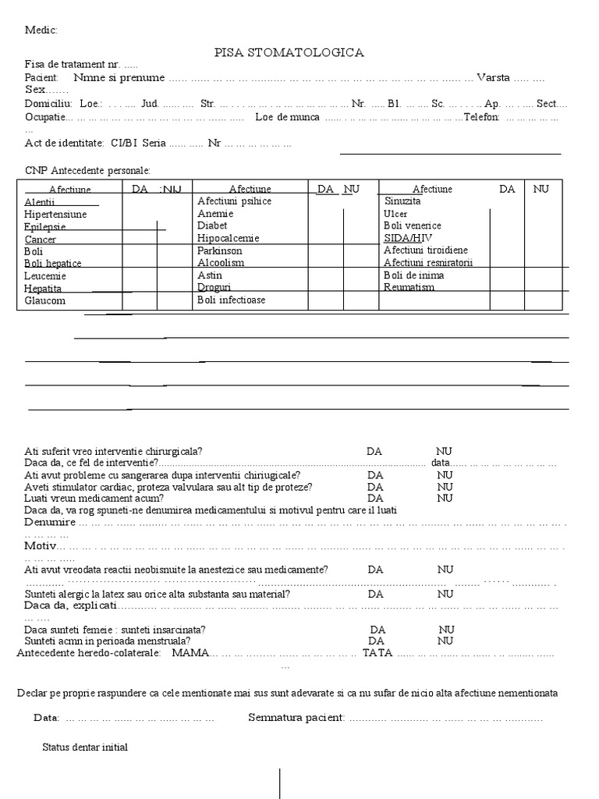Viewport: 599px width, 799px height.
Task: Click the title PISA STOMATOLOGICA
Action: coord(289,52)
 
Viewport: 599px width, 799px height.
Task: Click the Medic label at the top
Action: coord(41,30)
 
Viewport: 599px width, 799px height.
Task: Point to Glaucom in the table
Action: coord(44,300)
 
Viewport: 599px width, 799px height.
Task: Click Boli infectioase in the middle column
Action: coord(231,300)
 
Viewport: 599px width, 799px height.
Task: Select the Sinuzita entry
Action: coord(402,201)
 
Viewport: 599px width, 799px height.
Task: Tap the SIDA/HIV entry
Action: coord(407,237)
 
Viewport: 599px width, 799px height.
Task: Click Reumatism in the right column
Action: coord(409,287)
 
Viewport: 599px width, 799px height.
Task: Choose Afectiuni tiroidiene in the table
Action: coord(426,250)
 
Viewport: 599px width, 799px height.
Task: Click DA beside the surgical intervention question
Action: coord(374,451)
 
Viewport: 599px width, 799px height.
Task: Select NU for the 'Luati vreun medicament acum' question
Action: coord(445,498)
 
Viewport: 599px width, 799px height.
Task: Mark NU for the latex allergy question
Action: coord(445,594)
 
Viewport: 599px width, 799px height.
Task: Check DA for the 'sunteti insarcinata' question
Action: coord(378,629)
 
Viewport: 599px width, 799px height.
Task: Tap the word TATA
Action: coord(377,652)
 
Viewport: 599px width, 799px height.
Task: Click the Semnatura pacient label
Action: coord(296,717)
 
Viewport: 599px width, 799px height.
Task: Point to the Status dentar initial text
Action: coord(85,747)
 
